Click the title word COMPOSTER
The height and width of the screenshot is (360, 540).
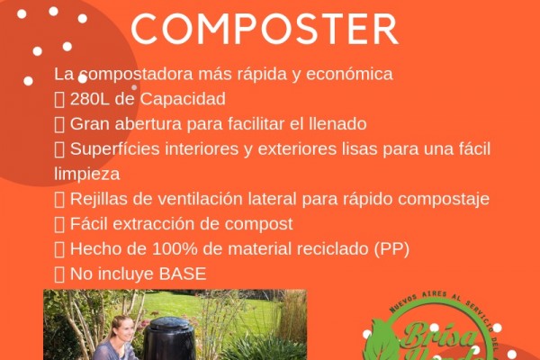point(264,29)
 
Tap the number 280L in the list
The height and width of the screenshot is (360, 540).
point(92,99)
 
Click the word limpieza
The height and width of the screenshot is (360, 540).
point(87,173)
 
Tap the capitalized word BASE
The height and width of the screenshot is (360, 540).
point(184,272)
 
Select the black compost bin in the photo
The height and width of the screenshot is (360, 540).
point(168,337)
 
